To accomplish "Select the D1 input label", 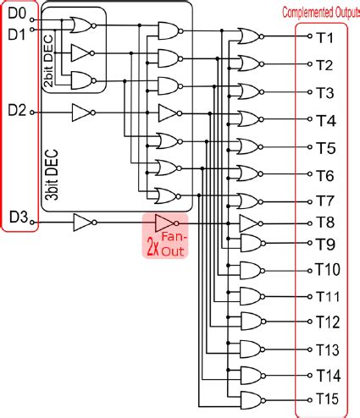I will tap(17, 34).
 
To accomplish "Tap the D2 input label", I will tap(17, 110).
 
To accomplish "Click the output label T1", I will tap(324, 39).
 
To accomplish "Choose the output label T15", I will tap(327, 399).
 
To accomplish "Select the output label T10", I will tap(327, 271).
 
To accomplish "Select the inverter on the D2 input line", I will tap(82, 112).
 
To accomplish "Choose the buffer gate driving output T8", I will tap(249, 223).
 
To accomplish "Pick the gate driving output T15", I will tap(252, 399).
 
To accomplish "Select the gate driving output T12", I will tap(252, 321).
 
